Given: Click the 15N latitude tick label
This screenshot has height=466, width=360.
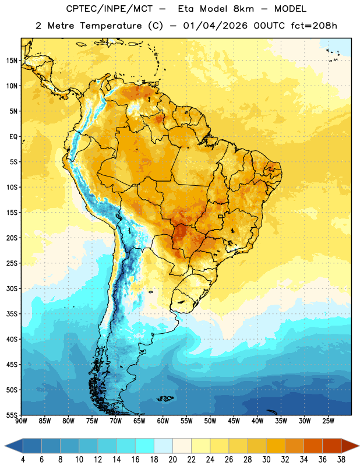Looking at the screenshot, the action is coord(12,61).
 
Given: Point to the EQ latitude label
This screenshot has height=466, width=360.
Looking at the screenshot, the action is coord(13,137).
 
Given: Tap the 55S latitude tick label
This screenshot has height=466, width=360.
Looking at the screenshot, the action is coord(12,415).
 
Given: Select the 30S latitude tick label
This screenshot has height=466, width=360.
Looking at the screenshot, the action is coord(12,288).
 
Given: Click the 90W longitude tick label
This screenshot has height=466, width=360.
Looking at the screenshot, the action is coord(21,421).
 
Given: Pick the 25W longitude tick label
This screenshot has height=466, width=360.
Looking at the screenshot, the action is coord(328,421).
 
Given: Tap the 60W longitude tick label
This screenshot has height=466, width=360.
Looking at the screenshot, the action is coord(163,421).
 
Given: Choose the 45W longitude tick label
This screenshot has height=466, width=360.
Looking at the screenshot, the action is coord(234,421).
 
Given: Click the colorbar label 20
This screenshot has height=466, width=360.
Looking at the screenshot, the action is coord(172,460).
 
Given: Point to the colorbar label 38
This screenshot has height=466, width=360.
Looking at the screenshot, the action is coord(341,460).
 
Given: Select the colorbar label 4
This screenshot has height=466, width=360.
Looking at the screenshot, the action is coord(23,460).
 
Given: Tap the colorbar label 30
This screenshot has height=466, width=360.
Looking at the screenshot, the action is coord(266,460).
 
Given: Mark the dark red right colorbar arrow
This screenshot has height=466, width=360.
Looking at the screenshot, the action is coord(350,446).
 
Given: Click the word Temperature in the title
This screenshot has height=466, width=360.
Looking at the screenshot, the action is coord(111,26).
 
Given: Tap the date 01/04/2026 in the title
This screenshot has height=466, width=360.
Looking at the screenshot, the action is coord(215,26).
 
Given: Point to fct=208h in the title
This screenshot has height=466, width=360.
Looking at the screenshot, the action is coord(314,26).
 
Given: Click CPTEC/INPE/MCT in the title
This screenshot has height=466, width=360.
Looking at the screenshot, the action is coord(109,9).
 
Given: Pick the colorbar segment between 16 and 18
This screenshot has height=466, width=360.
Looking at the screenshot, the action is coord(145,446).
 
